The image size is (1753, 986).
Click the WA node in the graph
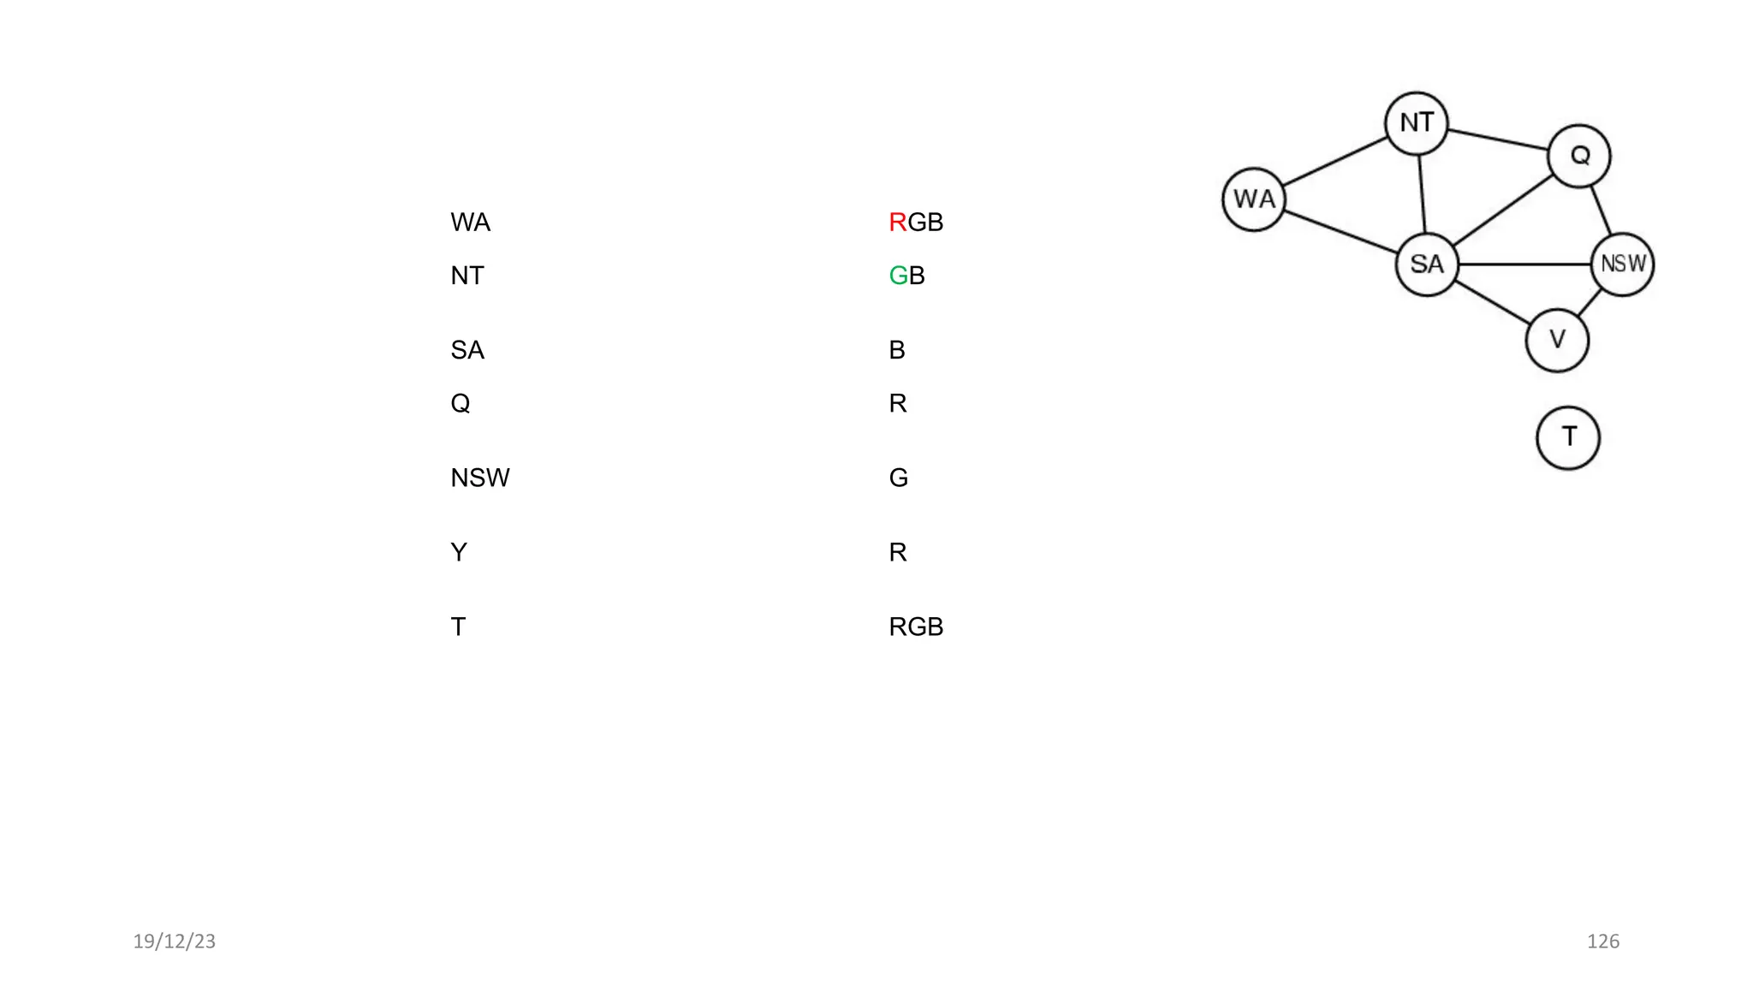point(1254,199)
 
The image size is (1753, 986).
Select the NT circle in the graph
point(1417,123)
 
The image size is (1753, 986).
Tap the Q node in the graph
point(1579,156)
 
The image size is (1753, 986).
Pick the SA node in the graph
point(1427,264)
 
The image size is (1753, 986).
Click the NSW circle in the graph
point(1623,264)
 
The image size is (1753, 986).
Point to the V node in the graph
point(1557,340)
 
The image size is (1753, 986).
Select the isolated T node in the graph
point(1568,437)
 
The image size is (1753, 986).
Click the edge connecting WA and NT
point(1335,161)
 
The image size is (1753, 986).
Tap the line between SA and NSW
point(1524,264)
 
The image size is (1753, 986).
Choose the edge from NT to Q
point(1498,140)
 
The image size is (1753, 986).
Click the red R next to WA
point(897,223)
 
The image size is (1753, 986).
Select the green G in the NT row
point(898,276)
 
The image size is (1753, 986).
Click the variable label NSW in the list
point(479,478)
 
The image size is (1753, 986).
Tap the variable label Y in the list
point(459,552)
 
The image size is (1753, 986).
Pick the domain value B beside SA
point(897,350)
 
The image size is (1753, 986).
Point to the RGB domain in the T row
point(916,627)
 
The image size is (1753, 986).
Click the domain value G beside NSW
point(898,478)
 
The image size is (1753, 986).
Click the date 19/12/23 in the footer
point(175,941)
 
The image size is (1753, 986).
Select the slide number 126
point(1602,941)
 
